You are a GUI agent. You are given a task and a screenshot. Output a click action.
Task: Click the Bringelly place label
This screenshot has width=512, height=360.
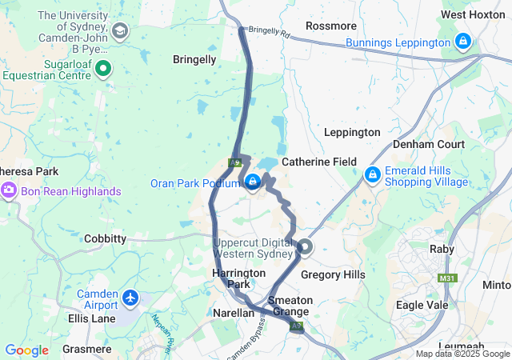(x=194, y=59)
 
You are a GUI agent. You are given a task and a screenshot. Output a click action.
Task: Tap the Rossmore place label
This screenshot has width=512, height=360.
(x=331, y=26)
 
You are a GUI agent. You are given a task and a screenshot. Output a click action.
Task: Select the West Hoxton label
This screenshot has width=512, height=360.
(x=473, y=15)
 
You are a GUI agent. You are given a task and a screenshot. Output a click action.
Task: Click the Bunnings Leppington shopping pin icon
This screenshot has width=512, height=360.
(x=462, y=42)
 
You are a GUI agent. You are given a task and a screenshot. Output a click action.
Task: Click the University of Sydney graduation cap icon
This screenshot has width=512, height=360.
(x=120, y=31)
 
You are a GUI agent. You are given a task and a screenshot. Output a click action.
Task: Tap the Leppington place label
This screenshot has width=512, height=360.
(x=351, y=132)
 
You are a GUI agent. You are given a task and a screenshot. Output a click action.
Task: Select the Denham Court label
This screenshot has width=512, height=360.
(x=428, y=145)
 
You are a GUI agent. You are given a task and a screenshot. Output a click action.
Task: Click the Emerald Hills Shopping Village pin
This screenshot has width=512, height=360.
(x=372, y=174)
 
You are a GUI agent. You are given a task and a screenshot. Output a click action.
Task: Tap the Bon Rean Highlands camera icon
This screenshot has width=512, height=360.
(x=9, y=191)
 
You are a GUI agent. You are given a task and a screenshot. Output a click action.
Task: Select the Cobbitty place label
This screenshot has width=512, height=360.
(x=105, y=238)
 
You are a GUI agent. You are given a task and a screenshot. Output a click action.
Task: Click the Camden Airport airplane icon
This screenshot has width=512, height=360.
(x=131, y=298)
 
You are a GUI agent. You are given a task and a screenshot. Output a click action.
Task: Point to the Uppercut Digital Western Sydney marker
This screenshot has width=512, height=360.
(x=305, y=248)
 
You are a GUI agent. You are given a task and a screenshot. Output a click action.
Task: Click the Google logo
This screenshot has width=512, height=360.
(x=26, y=350)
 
